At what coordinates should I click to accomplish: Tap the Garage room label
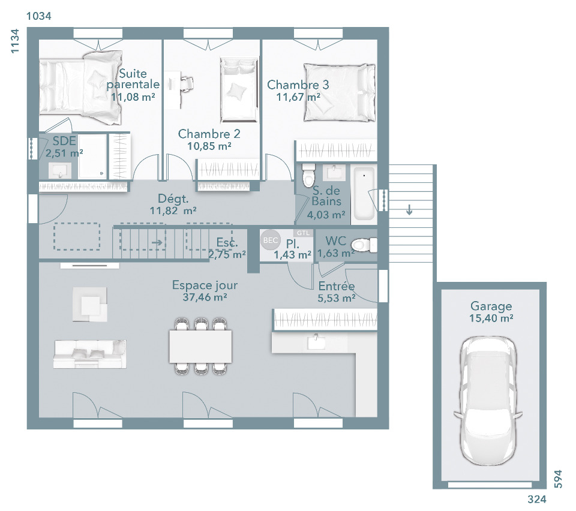[491, 306]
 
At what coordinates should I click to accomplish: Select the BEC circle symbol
[271, 240]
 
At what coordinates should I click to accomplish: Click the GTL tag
[303, 233]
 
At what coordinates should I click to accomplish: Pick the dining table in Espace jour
[200, 346]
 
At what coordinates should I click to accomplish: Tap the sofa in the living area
[90, 354]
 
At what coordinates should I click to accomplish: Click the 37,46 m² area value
[205, 297]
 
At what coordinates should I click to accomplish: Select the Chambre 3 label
[298, 85]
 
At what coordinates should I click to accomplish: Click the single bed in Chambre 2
[238, 89]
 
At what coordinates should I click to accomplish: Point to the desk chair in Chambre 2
[187, 84]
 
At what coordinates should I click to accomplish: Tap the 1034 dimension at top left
[39, 16]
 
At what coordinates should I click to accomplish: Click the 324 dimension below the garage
[537, 499]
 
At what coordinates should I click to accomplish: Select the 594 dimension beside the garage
[558, 479]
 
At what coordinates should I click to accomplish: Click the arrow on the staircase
[157, 242]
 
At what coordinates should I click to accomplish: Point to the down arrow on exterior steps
[409, 209]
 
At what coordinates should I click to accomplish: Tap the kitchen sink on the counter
[316, 342]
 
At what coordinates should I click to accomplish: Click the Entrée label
[337, 286]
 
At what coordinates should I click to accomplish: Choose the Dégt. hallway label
[173, 199]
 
